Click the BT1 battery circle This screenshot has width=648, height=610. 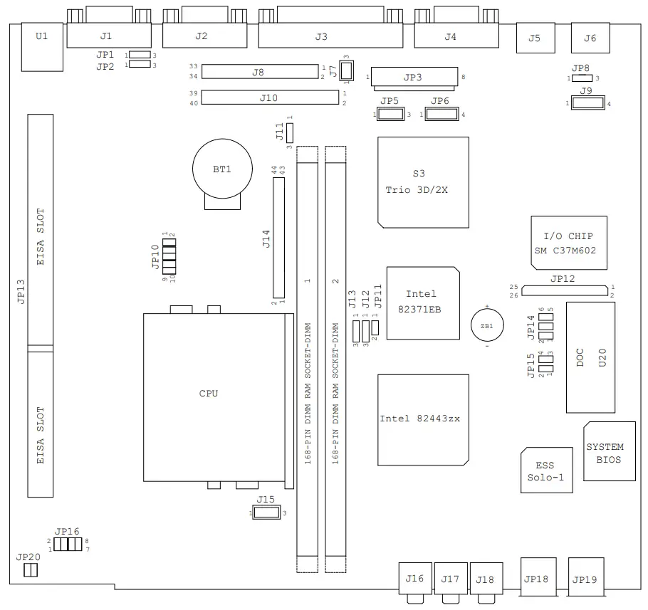(x=221, y=169)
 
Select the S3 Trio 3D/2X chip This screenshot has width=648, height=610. (x=423, y=182)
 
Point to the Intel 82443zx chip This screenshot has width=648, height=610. (x=423, y=419)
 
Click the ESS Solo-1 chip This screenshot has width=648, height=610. (x=545, y=470)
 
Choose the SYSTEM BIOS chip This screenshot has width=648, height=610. (x=609, y=451)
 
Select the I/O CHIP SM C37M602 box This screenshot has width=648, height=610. (x=568, y=243)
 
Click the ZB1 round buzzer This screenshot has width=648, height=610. (x=487, y=325)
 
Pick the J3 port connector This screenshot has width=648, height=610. (x=320, y=36)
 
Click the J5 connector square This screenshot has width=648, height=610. (x=535, y=38)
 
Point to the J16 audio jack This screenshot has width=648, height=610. (x=414, y=579)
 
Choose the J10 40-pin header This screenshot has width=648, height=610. (x=268, y=98)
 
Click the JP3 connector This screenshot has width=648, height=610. (x=414, y=77)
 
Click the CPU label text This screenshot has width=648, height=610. (x=209, y=393)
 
